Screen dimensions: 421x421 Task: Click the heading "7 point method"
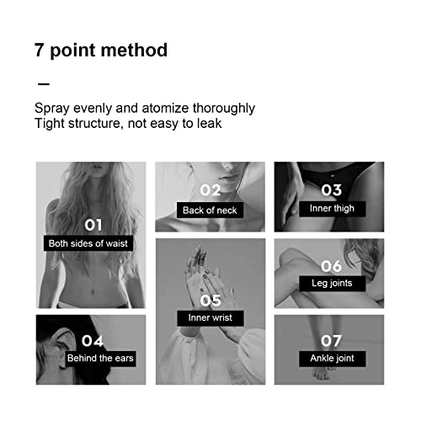pos(101,51)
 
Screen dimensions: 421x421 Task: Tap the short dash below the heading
pos(44,84)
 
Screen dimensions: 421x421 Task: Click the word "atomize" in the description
pos(165,109)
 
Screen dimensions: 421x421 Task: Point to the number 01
pos(93,225)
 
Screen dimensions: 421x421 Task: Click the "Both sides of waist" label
pos(88,243)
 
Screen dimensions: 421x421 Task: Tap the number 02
pos(210,190)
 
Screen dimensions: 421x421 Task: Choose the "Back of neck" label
pos(210,210)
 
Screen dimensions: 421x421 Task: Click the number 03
pos(332,190)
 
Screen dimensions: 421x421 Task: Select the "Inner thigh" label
pos(332,209)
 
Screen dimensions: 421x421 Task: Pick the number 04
pos(93,341)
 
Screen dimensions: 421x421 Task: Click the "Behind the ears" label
pos(100,359)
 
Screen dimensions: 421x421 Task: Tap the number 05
pos(210,301)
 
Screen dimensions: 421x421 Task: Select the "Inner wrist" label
pos(210,318)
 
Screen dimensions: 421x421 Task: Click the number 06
pos(332,266)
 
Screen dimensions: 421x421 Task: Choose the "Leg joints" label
pos(332,283)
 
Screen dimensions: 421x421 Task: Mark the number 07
pos(331,341)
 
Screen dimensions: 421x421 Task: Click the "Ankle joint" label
pos(333,359)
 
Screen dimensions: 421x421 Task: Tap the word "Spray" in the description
pos(52,109)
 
